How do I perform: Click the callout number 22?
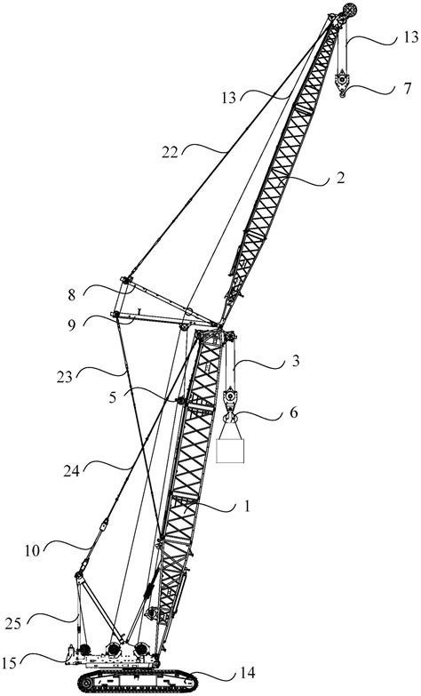170,153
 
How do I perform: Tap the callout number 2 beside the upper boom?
340,179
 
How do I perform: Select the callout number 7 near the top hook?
408,88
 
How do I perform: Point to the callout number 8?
72,295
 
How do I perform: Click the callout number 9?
72,324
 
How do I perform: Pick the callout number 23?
64,377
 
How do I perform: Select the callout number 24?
72,470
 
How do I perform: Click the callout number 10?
32,551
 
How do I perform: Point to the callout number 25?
13,624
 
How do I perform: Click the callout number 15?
10,663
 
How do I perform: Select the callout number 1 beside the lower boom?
248,506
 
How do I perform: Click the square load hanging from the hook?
230,451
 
